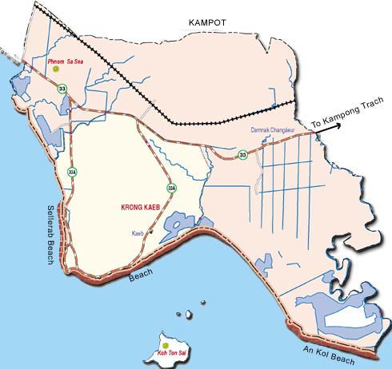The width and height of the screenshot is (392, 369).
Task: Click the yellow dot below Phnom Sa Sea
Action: point(56,69)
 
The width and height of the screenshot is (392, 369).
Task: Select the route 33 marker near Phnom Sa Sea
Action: point(62,89)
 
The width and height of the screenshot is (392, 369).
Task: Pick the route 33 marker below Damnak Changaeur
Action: point(242,154)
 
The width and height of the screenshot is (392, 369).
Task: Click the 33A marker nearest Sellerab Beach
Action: point(72,172)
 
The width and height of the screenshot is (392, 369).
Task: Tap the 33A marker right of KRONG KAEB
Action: point(170,188)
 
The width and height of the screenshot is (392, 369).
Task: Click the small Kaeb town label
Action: point(138,234)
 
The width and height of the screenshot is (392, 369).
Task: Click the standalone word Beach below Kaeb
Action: point(141,277)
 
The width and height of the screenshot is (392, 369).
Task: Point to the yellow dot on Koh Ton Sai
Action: point(166,345)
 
